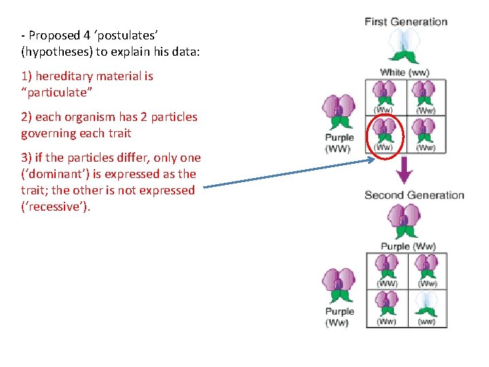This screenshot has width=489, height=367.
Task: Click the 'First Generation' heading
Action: (x=405, y=22)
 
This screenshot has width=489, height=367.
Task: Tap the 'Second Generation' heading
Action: (x=414, y=195)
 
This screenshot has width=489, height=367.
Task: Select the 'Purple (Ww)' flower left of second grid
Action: (x=340, y=285)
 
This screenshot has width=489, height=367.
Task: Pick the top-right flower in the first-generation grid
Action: (x=425, y=94)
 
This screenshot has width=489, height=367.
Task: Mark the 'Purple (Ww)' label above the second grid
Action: (x=407, y=246)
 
